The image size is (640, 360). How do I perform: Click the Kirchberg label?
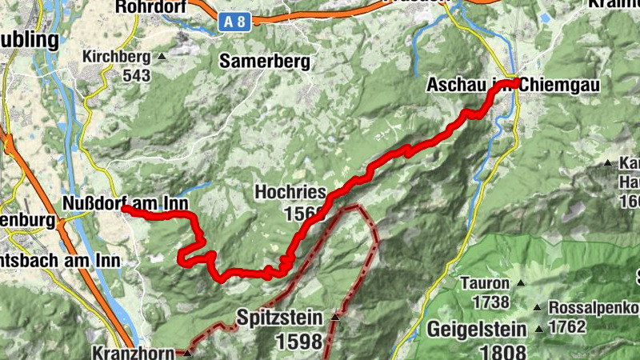(116, 58)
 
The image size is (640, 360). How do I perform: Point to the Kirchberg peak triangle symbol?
(162, 58)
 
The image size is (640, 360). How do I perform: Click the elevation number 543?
(138, 76)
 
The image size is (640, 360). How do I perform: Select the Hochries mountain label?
(290, 192)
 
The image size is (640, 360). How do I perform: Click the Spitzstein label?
(279, 318)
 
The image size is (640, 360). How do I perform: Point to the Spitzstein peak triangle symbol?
(334, 318)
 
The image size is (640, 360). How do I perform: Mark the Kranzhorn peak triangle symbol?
(186, 352)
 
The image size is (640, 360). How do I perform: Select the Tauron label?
(485, 283)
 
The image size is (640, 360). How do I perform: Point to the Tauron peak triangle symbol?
(522, 283)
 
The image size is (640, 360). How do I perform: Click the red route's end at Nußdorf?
(125, 209)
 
